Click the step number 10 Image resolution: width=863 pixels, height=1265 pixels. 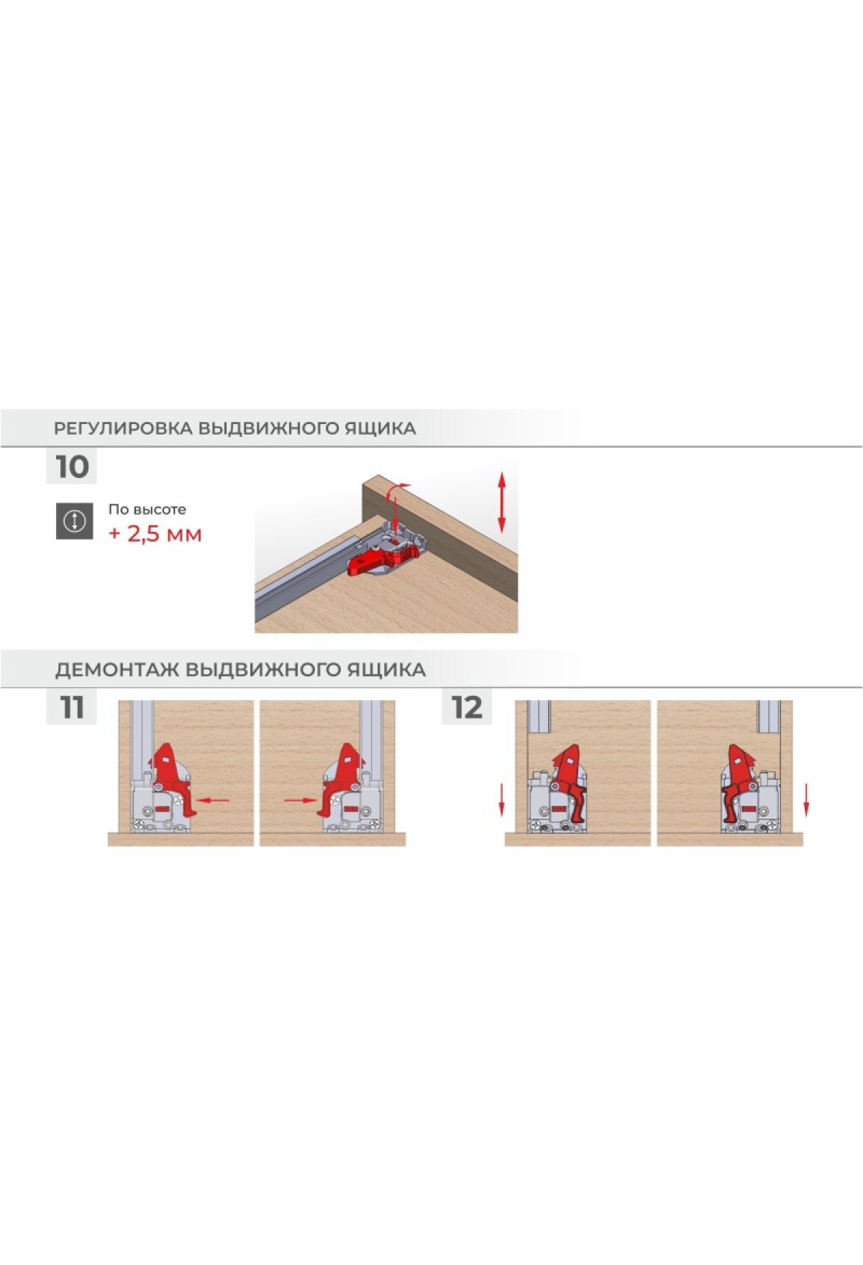(x=72, y=466)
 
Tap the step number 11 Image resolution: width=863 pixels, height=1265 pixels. (x=72, y=707)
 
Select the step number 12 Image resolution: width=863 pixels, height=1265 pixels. (x=467, y=707)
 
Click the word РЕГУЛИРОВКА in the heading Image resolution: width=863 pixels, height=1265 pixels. (x=123, y=428)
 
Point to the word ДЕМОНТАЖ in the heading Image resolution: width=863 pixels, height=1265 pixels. (x=117, y=670)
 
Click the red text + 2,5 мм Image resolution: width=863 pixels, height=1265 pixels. (x=155, y=534)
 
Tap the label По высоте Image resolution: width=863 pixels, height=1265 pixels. (x=147, y=510)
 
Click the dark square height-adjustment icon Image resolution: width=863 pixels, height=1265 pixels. (x=75, y=521)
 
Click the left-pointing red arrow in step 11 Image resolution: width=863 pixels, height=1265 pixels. (x=213, y=799)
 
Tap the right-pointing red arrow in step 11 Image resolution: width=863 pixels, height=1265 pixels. (x=301, y=799)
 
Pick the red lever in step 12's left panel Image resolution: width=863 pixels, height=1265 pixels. (x=568, y=780)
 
